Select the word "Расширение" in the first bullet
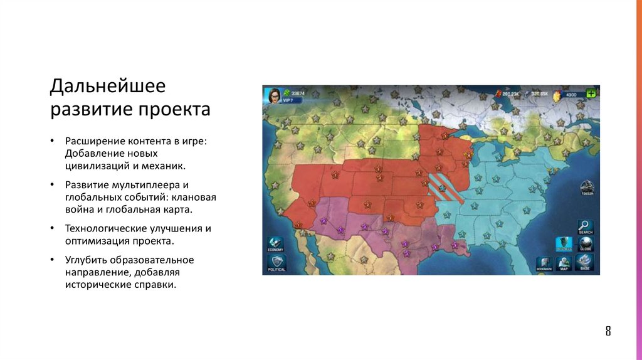tap(94, 141)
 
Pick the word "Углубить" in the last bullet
tap(86, 260)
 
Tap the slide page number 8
tap(608, 331)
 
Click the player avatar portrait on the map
tap(273, 95)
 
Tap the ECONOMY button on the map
tap(275, 244)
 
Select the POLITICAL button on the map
tap(275, 263)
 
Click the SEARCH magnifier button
tap(586, 226)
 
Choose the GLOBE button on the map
tap(586, 243)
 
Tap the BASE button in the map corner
tap(585, 263)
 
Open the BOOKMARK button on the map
tap(544, 264)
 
